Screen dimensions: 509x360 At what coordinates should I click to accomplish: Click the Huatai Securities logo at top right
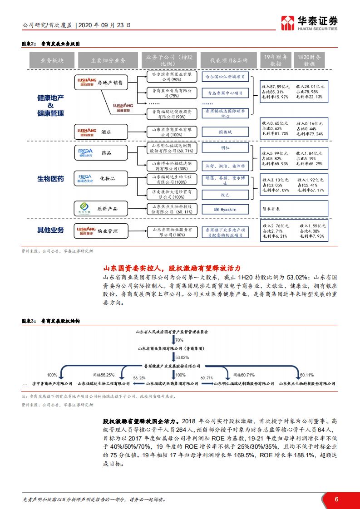(x=310, y=23)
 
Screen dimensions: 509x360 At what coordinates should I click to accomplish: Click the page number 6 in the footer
(x=336, y=499)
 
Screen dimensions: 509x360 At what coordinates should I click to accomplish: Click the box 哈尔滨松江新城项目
(x=225, y=77)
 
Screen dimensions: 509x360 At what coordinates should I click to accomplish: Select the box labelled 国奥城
(x=225, y=132)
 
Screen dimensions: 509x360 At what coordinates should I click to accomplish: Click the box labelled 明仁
(x=225, y=148)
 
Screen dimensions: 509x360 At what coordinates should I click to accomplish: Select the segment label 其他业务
(x=50, y=230)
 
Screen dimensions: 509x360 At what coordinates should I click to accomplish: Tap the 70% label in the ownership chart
(x=179, y=340)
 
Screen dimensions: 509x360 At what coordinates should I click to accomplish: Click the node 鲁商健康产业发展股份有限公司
(x=172, y=365)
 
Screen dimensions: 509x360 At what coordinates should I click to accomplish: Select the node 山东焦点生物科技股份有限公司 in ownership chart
(x=307, y=383)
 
